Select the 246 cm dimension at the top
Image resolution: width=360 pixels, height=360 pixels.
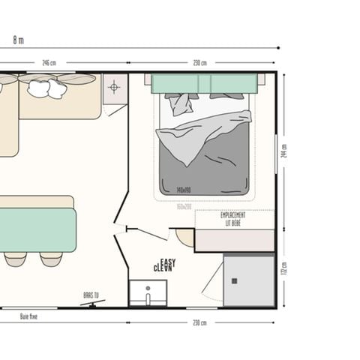[x=49, y=63]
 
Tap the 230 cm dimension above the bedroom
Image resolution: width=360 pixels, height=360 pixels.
[x=199, y=63]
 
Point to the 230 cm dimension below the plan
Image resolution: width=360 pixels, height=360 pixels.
[x=199, y=322]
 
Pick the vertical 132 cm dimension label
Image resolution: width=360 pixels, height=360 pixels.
[x=283, y=269]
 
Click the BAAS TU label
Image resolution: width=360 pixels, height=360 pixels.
[x=91, y=295]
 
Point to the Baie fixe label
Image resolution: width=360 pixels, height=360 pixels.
[x=28, y=317]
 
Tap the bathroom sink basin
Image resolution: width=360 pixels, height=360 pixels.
[x=148, y=293]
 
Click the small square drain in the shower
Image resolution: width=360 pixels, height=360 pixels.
[x=234, y=280]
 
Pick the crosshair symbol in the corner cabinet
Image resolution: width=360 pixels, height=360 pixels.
[x=114, y=88]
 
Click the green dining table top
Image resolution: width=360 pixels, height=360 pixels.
[x=37, y=229]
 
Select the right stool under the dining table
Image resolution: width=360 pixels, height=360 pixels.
[x=51, y=259]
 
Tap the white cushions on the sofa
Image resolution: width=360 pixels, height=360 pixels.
[x=46, y=88]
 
